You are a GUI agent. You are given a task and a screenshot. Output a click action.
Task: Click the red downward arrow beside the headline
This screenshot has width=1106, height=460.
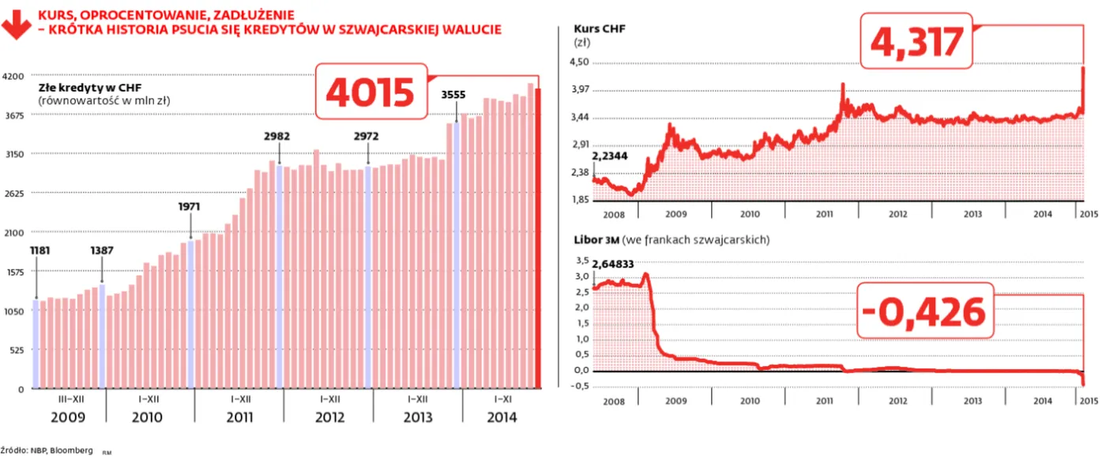pyautogui.click(x=13, y=23)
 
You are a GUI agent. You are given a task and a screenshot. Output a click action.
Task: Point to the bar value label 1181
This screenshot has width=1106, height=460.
pyautogui.click(x=39, y=251)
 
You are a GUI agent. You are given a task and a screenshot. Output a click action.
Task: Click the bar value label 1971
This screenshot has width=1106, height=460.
pyautogui.click(x=190, y=206)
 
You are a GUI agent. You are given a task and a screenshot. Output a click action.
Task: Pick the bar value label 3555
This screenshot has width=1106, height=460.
pyautogui.click(x=453, y=95)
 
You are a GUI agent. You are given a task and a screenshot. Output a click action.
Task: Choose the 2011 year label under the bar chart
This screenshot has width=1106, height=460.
pyautogui.click(x=240, y=417)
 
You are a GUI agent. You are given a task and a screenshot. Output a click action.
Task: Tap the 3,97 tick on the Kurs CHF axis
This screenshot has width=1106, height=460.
pyautogui.click(x=580, y=89)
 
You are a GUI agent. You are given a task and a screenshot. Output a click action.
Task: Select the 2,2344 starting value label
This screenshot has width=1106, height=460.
pyautogui.click(x=610, y=156)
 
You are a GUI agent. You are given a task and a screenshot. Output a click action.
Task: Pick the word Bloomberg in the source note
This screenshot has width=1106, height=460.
pyautogui.click(x=71, y=450)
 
